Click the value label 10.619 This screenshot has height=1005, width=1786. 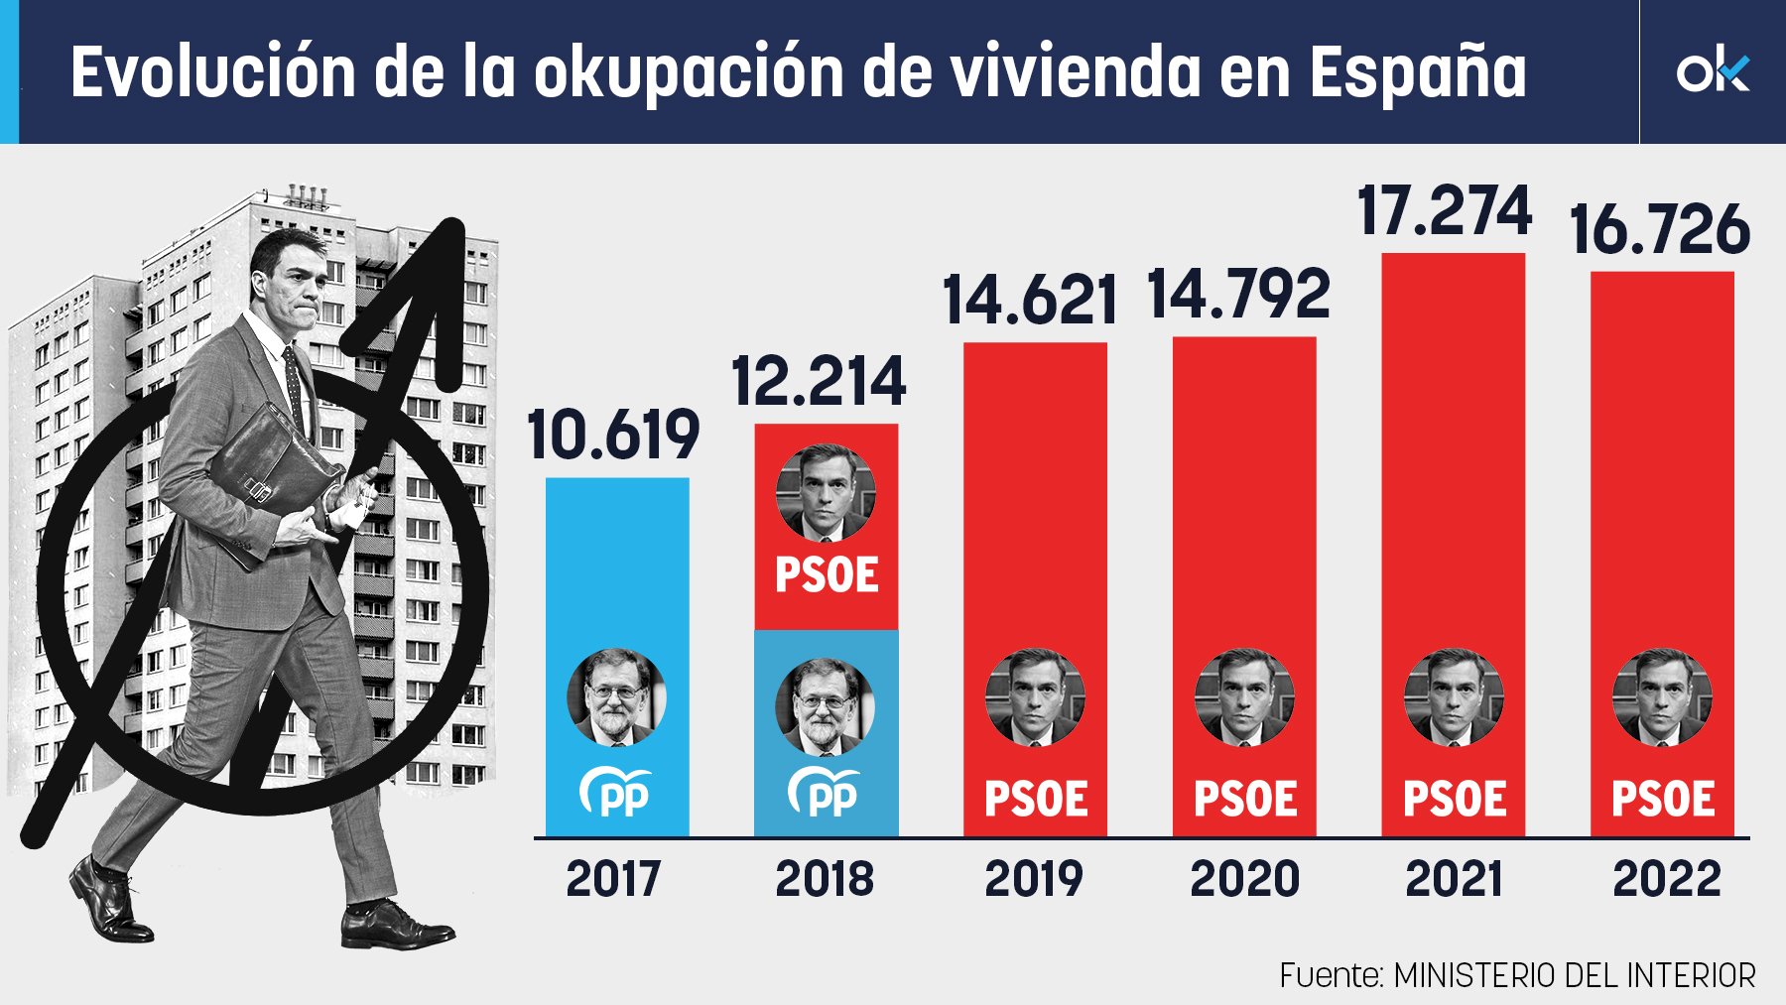pos(613,436)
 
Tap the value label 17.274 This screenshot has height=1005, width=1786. pos(1445,211)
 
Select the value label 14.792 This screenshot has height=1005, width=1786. pos(1238,294)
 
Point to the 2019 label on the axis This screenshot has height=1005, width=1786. pos(1034,879)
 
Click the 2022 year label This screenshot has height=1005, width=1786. pos(1666,879)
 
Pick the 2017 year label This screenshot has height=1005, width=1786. pos(613,879)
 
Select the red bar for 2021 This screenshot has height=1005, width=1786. pos(1453,446)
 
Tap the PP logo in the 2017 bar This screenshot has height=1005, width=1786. pos(616,793)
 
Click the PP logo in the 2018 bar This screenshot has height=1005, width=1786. pos(825,793)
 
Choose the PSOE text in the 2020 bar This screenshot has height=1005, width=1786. pos(1245,800)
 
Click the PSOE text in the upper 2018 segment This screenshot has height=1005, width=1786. pos(827,575)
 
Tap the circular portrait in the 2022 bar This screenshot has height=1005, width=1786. pos(1662,697)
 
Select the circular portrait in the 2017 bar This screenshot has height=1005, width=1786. pos(616,697)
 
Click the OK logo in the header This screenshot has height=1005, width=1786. pos(1712,71)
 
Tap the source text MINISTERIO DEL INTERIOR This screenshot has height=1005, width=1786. pos(1574,976)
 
